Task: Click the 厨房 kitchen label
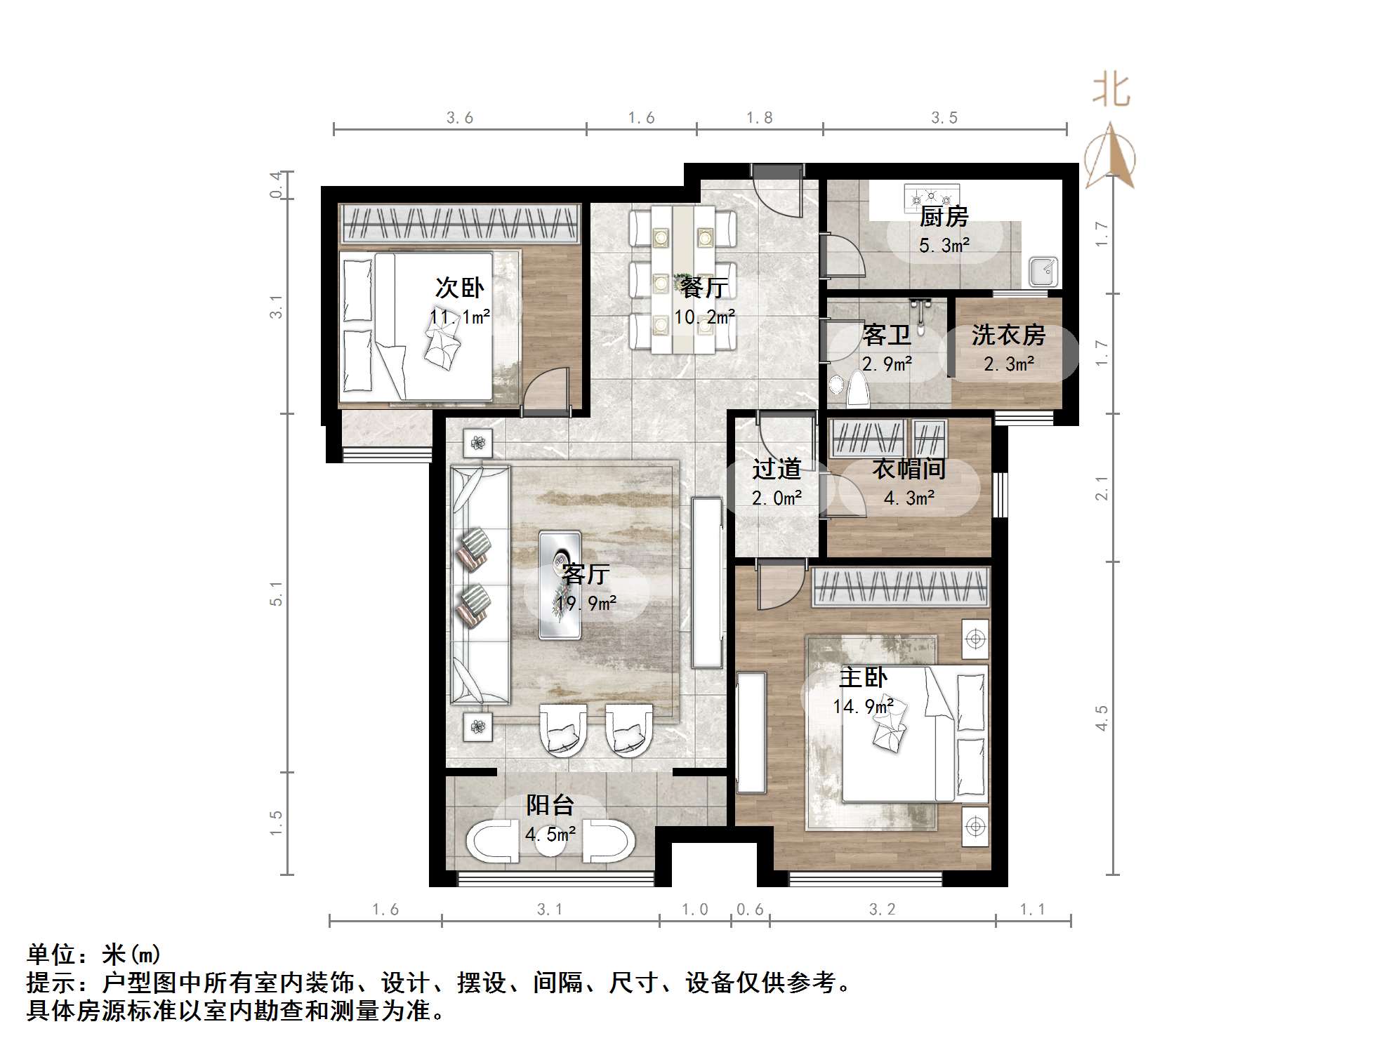click(944, 217)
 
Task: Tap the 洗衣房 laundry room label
click(1008, 335)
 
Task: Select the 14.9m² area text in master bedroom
click(863, 706)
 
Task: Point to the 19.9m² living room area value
click(586, 603)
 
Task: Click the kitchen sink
click(1043, 272)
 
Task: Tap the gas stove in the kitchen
click(931, 194)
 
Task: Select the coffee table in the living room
click(560, 585)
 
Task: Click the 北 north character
click(1111, 91)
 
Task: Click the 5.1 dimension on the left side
click(277, 593)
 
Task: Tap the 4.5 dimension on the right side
click(1102, 718)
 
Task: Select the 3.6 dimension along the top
click(460, 118)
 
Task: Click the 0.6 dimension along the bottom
click(750, 910)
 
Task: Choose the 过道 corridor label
click(777, 468)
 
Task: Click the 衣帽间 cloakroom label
click(909, 469)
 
